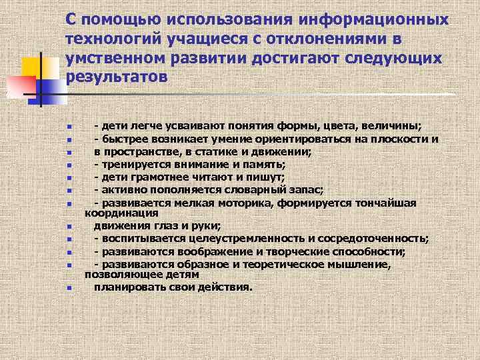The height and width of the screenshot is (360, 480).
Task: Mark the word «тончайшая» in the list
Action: [x=385, y=203]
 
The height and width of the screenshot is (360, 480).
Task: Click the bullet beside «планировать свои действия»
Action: [x=69, y=289]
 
